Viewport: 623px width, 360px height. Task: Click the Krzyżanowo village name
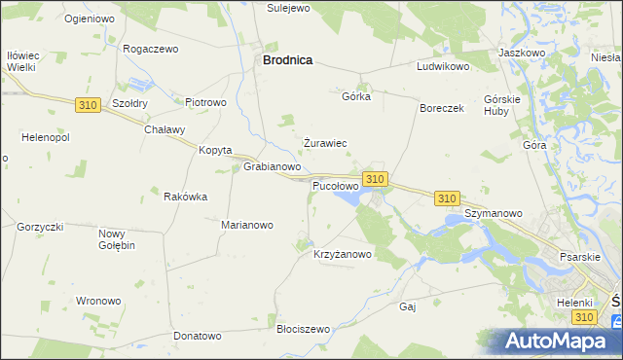click(x=343, y=255)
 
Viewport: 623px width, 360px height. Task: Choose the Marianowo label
click(x=247, y=225)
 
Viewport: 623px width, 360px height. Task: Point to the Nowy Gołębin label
click(x=116, y=239)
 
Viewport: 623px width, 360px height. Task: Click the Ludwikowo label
click(x=443, y=67)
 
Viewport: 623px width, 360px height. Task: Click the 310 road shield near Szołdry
click(x=87, y=104)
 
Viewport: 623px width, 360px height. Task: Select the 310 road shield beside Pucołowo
click(x=375, y=179)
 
